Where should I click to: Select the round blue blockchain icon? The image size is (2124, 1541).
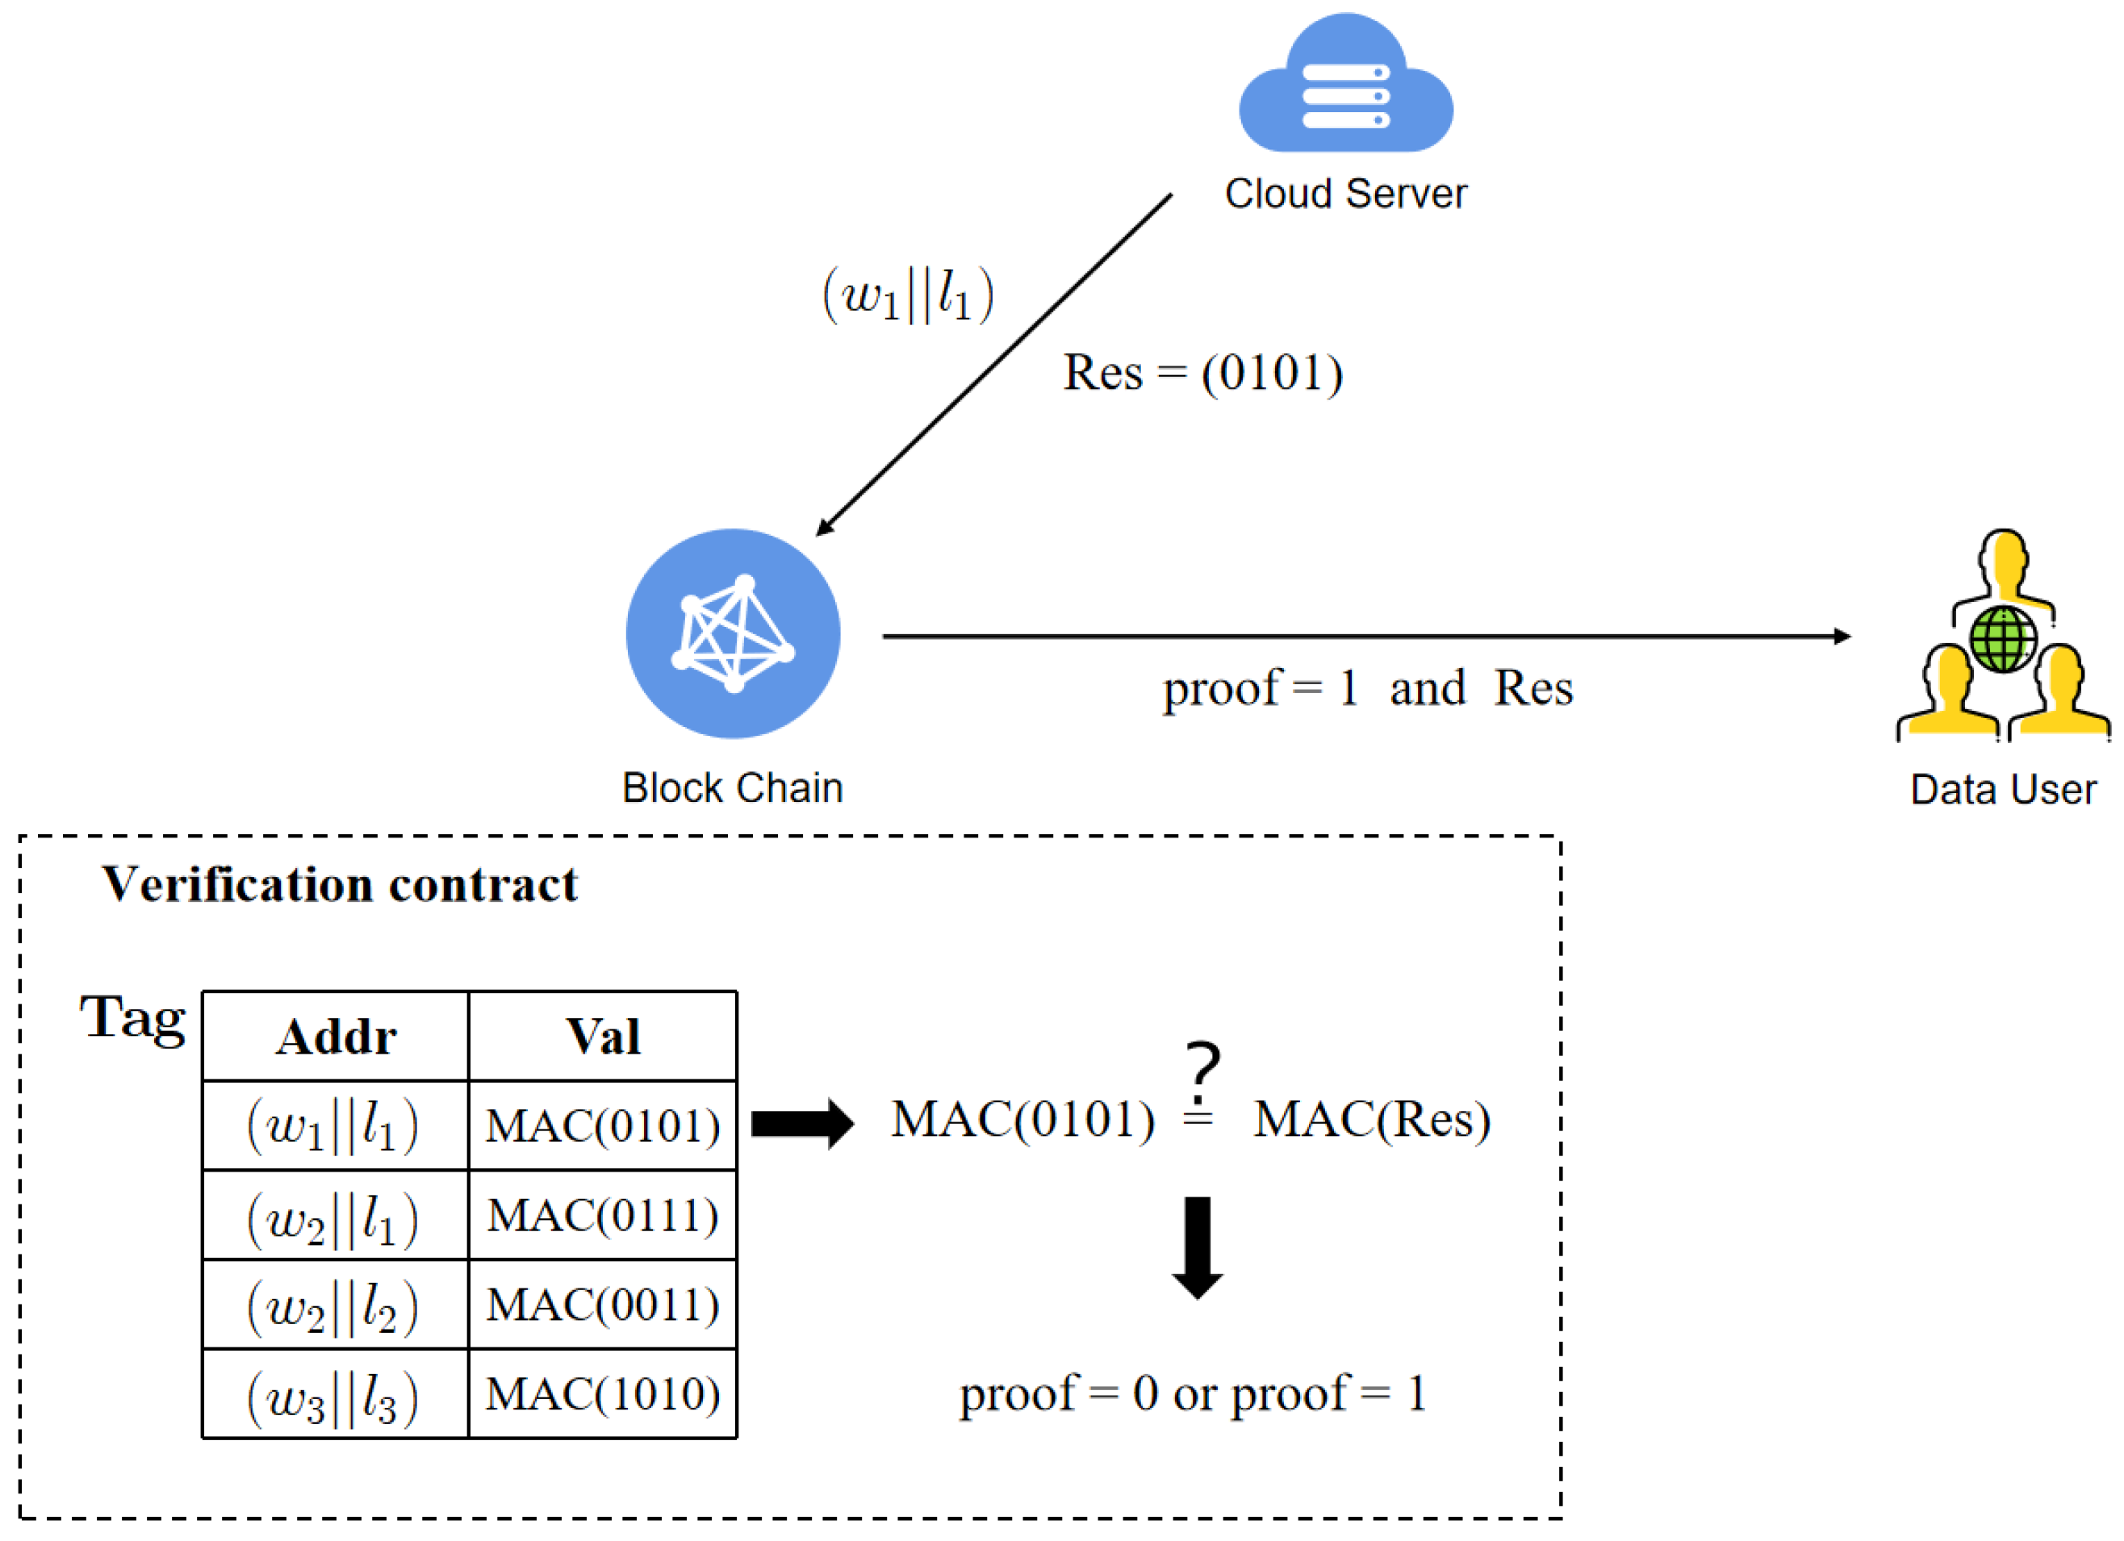pyautogui.click(x=733, y=634)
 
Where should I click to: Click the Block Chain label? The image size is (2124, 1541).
pyautogui.click(x=733, y=787)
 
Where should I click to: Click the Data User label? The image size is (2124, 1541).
pyautogui.click(x=2002, y=789)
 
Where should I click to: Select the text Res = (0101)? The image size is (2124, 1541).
pyautogui.click(x=1202, y=373)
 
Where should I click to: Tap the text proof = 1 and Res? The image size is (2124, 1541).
pyautogui.click(x=1367, y=688)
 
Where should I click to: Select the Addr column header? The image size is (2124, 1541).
pyautogui.click(x=335, y=1037)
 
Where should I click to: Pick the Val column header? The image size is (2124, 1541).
pyautogui.click(x=602, y=1037)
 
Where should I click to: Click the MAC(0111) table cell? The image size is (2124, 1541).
pyautogui.click(x=602, y=1215)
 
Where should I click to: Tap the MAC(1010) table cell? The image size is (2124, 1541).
pyautogui.click(x=602, y=1394)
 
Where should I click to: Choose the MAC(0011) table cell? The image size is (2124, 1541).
pyautogui.click(x=602, y=1304)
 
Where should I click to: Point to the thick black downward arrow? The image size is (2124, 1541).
pyautogui.click(x=1197, y=1246)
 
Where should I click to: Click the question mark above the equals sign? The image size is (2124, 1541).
pyautogui.click(x=1202, y=1071)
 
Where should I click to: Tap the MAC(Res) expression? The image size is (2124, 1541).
pyautogui.click(x=1371, y=1119)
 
